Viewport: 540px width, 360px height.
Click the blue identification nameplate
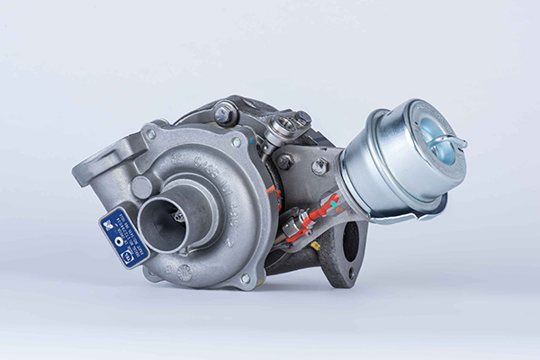122,237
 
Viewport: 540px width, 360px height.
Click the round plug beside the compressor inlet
141,187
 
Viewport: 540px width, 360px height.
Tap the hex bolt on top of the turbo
222,114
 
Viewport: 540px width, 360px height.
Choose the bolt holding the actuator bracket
319,166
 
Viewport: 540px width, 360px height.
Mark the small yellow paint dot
315,245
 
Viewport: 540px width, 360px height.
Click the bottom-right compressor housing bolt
245,278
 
